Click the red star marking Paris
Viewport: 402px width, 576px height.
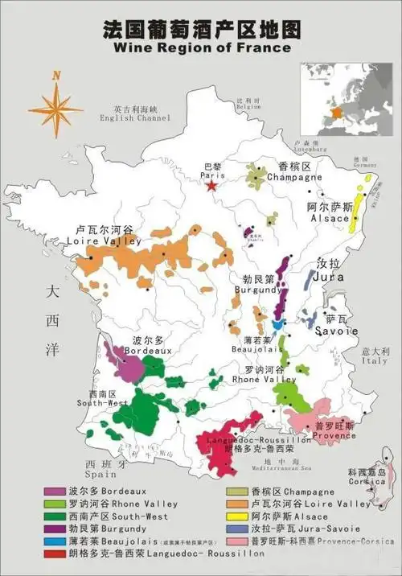pos(211,186)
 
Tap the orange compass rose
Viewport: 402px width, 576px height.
pos(55,104)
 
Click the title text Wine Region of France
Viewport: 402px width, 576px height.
pos(202,47)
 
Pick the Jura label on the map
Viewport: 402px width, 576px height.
pos(329,276)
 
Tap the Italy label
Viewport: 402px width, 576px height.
pos(375,361)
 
